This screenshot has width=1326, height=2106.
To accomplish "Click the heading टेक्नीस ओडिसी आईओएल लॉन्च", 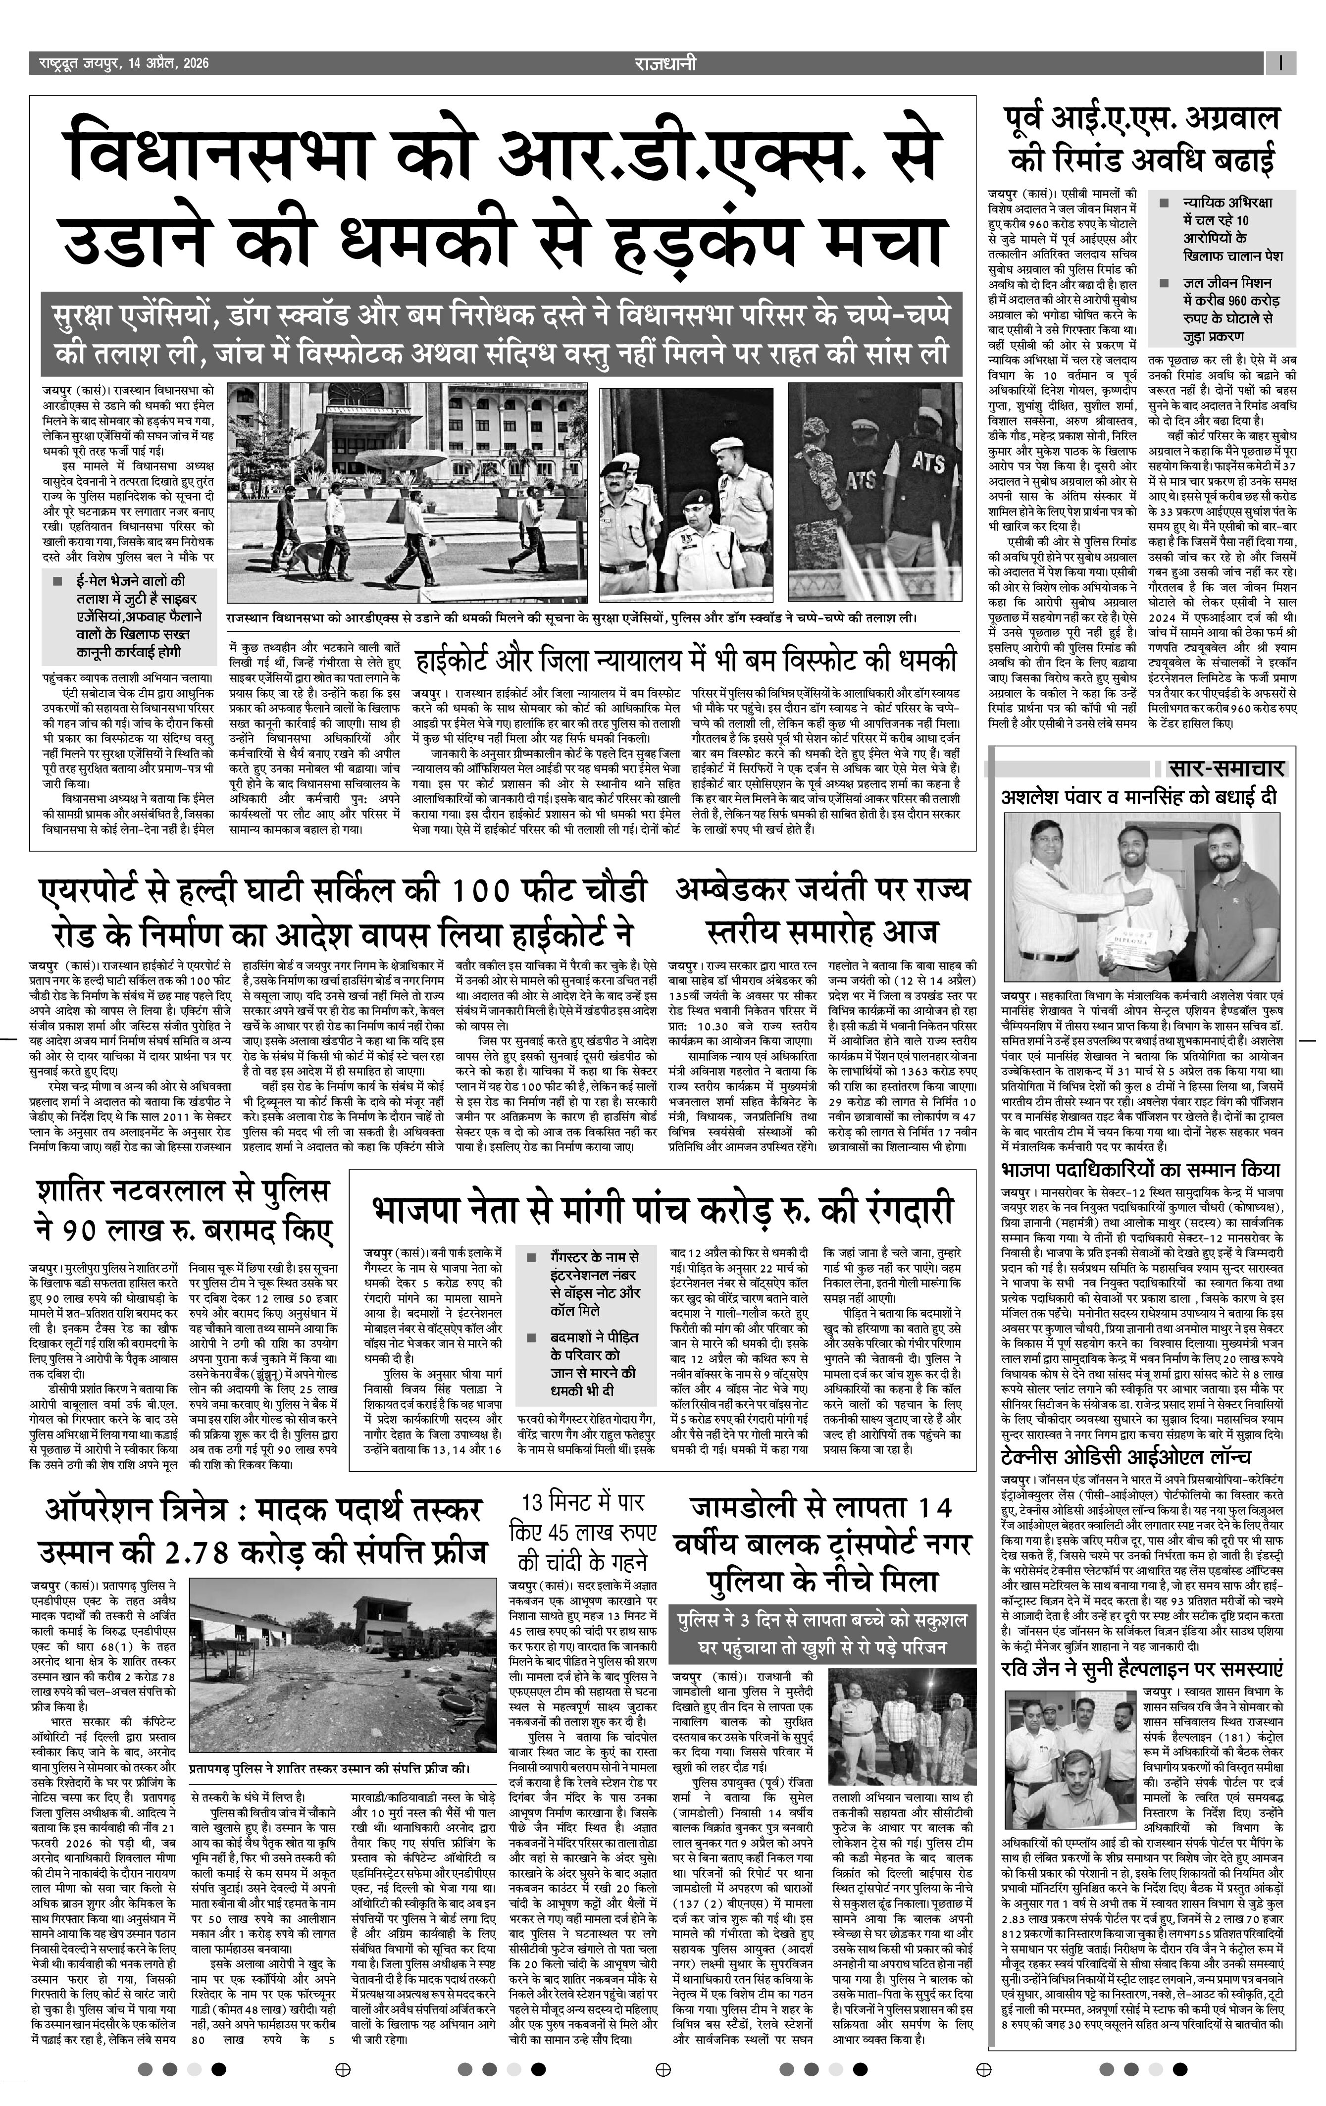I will (1125, 1454).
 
